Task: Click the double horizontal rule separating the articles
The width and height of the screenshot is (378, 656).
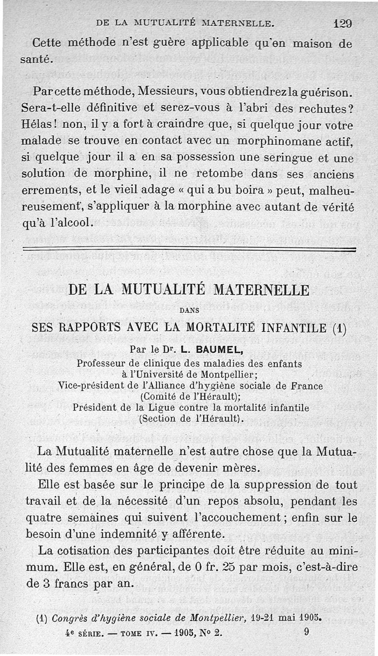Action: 189,250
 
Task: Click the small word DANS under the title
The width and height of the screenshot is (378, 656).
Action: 189,311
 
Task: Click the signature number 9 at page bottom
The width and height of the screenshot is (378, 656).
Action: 308,631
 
